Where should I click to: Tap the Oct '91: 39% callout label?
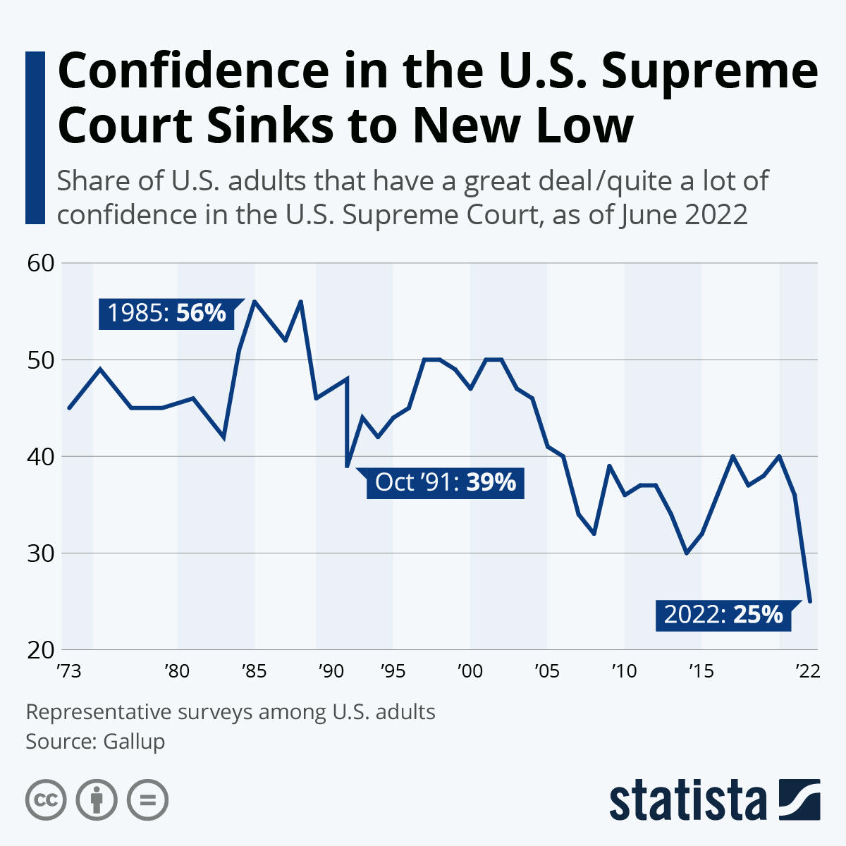point(445,483)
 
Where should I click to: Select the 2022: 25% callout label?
point(723,615)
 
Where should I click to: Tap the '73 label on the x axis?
point(68,670)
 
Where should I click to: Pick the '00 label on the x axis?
point(470,670)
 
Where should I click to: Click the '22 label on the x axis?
point(808,670)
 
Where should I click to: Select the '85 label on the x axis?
point(254,670)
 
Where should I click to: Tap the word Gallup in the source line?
point(134,742)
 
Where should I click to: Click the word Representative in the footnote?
point(99,712)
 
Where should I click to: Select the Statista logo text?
point(687,801)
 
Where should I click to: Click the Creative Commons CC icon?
point(46,800)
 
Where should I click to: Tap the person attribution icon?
point(97,800)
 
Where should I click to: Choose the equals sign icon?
point(147,800)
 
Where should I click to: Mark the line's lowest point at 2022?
point(811,601)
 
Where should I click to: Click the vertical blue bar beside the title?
point(35,137)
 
